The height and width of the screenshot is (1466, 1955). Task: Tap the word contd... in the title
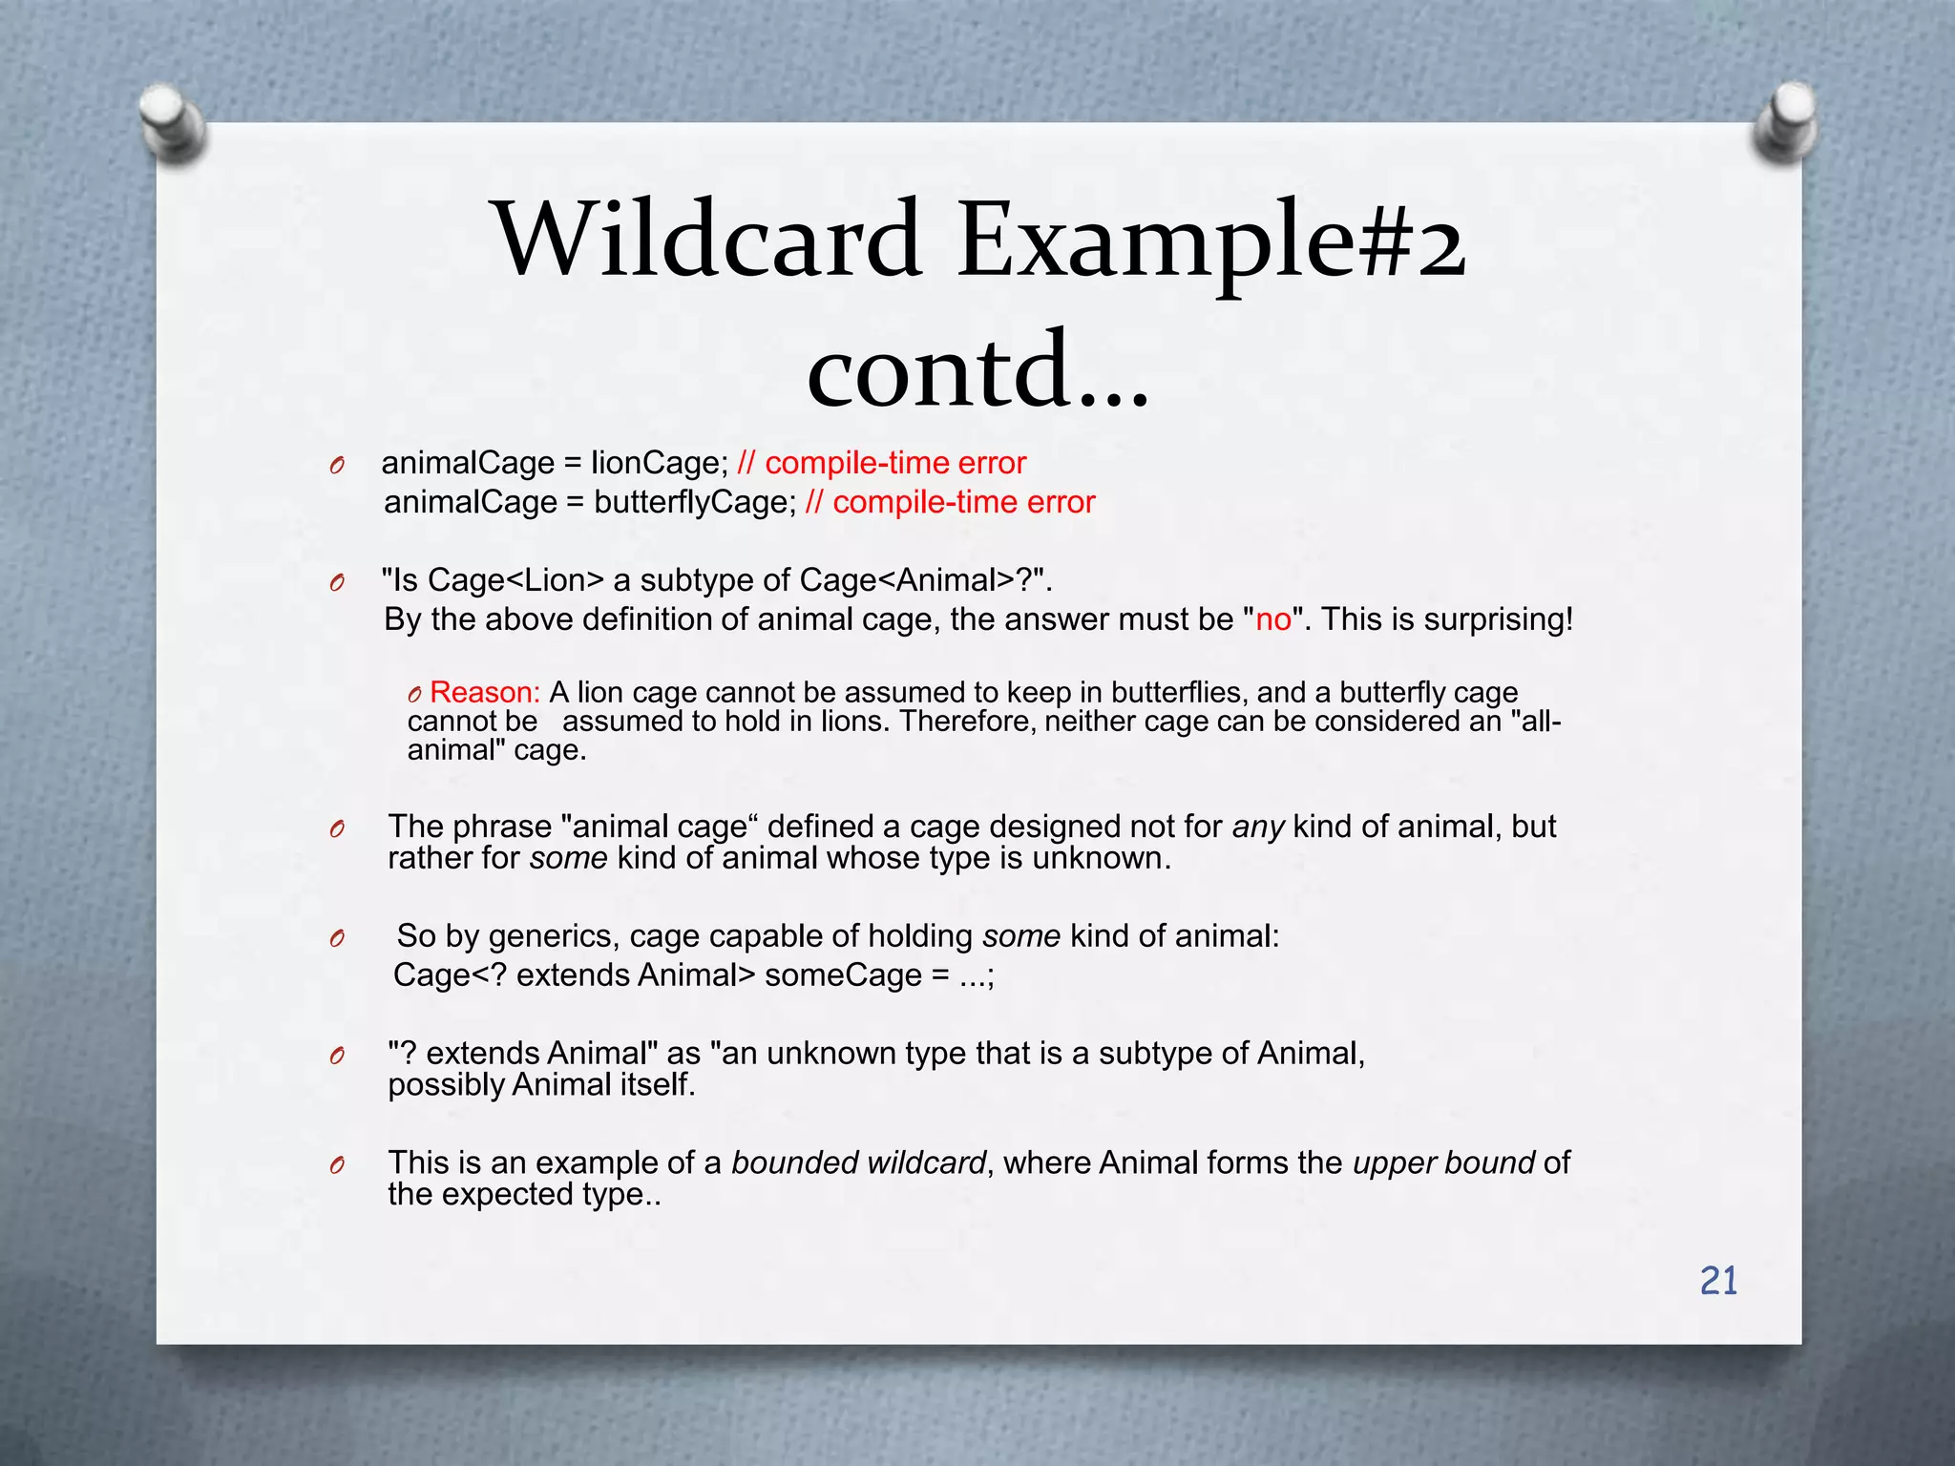[978, 370]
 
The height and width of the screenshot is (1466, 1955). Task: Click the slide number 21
[1718, 1281]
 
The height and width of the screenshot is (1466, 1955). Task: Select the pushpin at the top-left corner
[172, 124]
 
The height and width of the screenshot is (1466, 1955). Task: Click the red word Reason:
[485, 692]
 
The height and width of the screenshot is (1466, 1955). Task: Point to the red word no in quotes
[1273, 619]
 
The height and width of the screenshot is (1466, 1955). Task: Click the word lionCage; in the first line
[660, 463]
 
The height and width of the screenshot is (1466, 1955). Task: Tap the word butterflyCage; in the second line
[695, 502]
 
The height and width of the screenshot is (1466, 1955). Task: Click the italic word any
[1258, 827]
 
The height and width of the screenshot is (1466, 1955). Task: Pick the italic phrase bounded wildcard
[858, 1162]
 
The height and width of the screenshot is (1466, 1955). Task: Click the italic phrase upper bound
[1443, 1162]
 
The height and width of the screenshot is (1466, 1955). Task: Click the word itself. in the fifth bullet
[658, 1085]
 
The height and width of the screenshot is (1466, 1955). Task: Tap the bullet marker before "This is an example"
[336, 1165]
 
